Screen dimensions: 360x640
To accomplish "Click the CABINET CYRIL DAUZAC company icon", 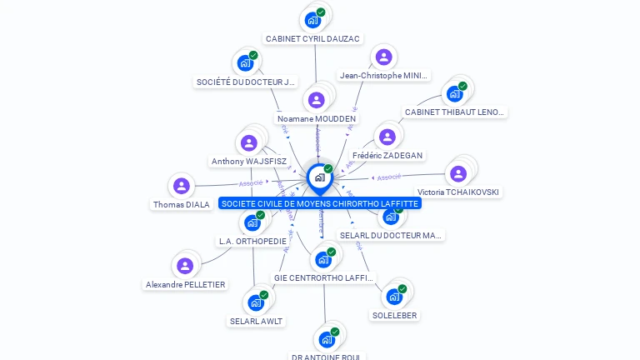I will (313, 19).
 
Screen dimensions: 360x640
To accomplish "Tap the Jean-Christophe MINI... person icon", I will (383, 57).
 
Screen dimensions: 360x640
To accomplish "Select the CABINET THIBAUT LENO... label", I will (454, 112).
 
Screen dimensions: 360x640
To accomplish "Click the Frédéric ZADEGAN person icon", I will (387, 137).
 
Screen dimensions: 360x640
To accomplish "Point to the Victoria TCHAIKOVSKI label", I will (459, 192).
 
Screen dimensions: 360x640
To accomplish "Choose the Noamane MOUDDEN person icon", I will (316, 100).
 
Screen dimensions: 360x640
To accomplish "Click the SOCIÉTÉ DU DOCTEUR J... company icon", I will (246, 63).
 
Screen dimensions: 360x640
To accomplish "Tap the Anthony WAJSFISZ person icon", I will (248, 142).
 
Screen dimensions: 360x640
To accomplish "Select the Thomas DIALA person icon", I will (182, 186).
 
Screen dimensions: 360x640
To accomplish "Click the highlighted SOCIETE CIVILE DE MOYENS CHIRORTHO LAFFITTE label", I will (320, 203).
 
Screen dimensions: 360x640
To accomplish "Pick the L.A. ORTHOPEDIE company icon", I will (252, 222).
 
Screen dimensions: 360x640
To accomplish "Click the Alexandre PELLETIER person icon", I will (185, 266).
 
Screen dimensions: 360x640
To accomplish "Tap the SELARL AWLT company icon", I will (256, 302).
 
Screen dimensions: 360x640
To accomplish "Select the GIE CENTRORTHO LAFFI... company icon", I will (323, 259).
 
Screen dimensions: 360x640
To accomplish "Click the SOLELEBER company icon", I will (394, 297).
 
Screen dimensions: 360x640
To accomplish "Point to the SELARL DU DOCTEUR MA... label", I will (391, 235).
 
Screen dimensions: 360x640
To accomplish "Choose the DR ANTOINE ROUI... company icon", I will (327, 339).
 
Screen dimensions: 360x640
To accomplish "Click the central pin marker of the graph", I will (319, 177).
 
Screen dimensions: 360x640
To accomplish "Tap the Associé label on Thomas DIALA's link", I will (250, 183).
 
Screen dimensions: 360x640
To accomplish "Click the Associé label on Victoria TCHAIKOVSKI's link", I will (389, 177).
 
